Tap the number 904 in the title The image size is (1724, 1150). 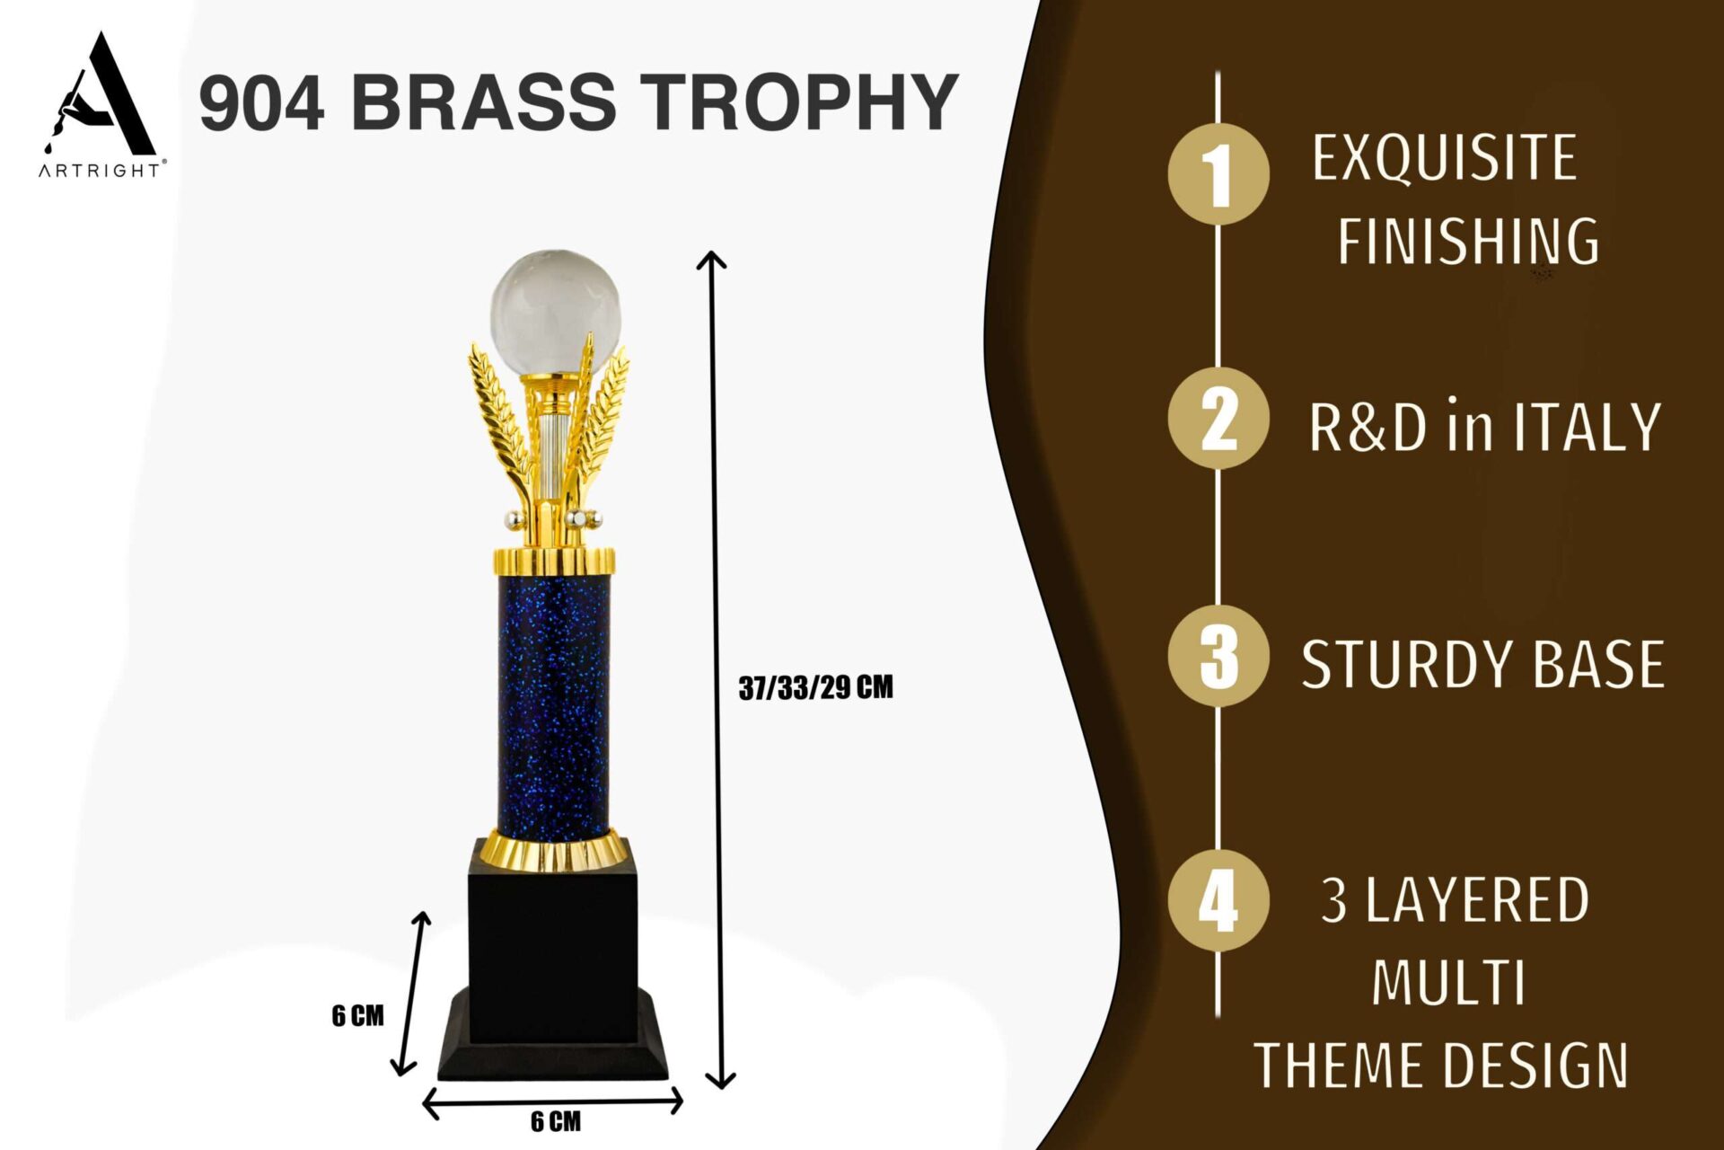click(261, 102)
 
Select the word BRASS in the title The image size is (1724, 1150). click(482, 102)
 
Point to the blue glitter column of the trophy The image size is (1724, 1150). click(555, 705)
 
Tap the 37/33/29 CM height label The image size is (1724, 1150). click(815, 688)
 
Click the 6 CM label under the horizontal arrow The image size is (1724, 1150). click(555, 1121)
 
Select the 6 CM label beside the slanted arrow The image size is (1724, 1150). click(357, 1015)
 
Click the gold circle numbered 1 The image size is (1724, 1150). click(1218, 174)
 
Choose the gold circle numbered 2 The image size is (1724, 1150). click(1218, 418)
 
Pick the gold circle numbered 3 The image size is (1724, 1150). click(1218, 656)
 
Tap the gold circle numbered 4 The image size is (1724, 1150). click(1218, 899)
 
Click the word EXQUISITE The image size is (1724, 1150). click(1444, 159)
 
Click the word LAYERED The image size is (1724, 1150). click(1477, 900)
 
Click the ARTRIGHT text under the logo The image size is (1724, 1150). click(100, 170)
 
